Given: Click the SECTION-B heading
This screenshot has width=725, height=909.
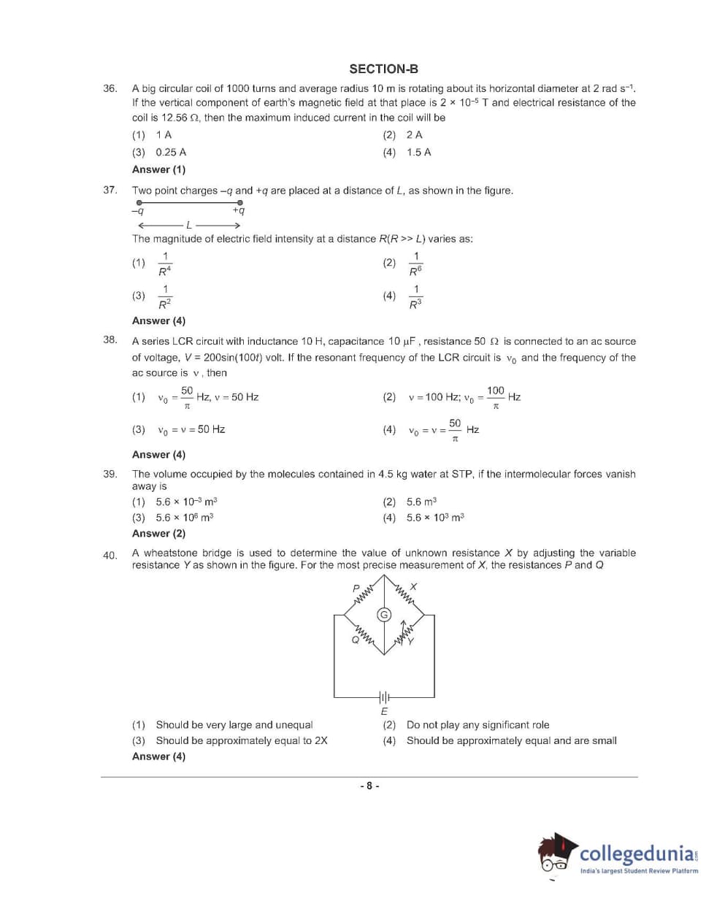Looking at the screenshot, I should click(383, 69).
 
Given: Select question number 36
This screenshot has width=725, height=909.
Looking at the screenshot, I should click(110, 88).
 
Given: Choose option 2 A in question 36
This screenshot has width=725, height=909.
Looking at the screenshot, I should click(414, 135).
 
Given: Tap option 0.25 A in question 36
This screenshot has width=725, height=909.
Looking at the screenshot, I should click(170, 153).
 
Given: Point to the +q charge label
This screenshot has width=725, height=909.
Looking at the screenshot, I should click(239, 211).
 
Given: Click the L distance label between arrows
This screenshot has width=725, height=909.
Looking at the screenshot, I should click(189, 225).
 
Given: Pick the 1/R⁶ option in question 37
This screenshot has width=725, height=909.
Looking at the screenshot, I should click(415, 264).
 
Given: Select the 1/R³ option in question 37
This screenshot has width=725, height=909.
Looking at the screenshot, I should click(415, 296).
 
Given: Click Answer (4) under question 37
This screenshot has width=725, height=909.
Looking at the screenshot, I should click(158, 321).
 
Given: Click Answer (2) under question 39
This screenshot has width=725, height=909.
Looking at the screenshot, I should click(158, 534).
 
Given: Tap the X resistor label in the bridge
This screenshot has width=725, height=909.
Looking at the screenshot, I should click(413, 587).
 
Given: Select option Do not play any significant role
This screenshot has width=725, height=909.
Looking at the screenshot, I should click(477, 725).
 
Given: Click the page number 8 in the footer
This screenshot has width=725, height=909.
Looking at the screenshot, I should click(369, 786).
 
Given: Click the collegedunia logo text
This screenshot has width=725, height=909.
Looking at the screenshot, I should click(637, 854).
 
